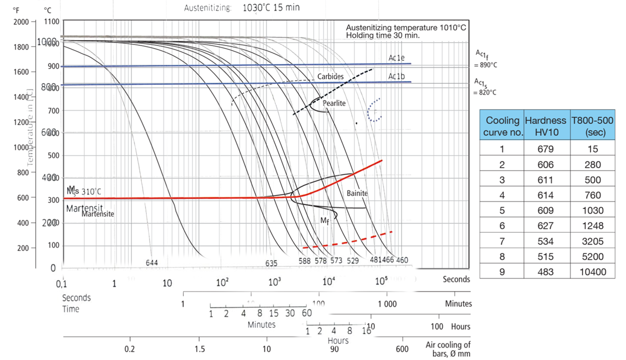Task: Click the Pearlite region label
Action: coord(334,103)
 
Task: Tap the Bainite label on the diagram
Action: coord(357,193)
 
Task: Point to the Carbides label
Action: coord(330,77)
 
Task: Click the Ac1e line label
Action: coord(396,57)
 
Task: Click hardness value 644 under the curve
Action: coord(152,263)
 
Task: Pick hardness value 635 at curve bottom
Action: coord(271,263)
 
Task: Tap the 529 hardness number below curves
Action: coord(352,261)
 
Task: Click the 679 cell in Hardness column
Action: coord(545,149)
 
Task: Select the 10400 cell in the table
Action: coord(592,272)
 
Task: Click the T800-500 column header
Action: coord(592,126)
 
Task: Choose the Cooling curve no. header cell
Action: coord(502,126)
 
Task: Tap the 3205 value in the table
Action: coord(592,241)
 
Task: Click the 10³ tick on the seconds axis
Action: coord(275,282)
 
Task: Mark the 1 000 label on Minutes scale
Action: coord(386,304)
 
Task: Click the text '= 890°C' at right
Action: coord(485,66)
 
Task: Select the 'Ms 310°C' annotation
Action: coord(84,191)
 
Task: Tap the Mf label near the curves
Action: coord(324,221)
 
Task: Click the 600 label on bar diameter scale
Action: coord(402,349)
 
